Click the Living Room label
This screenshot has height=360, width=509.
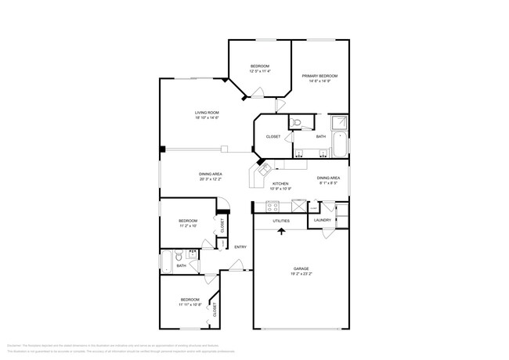207,113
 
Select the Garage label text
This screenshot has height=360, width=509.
301,268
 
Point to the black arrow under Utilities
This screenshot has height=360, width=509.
281,231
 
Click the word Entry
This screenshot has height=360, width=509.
240,247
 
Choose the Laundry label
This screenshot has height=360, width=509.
323,221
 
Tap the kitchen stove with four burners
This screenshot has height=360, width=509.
273,207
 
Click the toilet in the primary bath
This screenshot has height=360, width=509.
297,122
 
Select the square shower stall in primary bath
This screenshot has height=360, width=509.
339,123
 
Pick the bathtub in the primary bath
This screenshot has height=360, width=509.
339,144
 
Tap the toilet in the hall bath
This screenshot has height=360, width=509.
179,255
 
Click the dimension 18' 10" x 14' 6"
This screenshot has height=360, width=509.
207,118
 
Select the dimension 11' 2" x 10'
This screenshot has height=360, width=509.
187,227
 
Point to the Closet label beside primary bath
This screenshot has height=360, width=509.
273,137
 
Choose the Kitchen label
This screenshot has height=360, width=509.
280,184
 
